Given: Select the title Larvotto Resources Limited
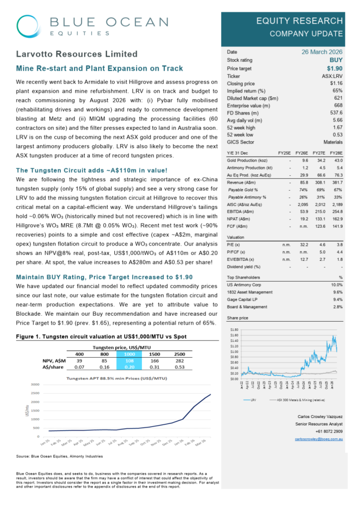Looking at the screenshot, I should pyautogui.click(x=77, y=54).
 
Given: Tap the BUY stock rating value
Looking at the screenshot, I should pyautogui.click(x=335, y=60).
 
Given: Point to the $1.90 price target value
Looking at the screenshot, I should pyautogui.click(x=333, y=68).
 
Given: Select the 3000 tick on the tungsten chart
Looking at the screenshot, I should pyautogui.click(x=35, y=384).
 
